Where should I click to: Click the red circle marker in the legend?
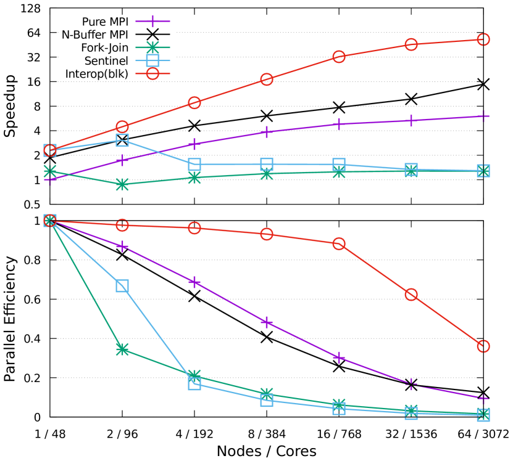[x=152, y=73]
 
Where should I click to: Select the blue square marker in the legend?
[x=152, y=60]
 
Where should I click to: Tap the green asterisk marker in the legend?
[x=152, y=47]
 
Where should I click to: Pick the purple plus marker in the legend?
[x=152, y=22]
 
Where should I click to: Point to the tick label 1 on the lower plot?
[x=37, y=221]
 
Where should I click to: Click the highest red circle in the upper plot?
[x=483, y=39]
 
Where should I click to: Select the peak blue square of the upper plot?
[x=122, y=141]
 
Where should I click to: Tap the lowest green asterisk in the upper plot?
[x=122, y=184]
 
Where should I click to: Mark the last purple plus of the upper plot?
[x=483, y=116]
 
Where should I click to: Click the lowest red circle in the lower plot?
[x=483, y=346]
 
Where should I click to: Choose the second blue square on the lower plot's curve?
[x=122, y=286]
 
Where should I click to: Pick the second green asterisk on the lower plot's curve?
[x=122, y=349]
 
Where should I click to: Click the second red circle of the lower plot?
[x=122, y=225]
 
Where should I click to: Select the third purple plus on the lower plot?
[x=194, y=282]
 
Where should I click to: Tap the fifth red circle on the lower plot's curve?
[x=339, y=244]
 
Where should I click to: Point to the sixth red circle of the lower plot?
[x=411, y=295]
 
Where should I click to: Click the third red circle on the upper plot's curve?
[x=194, y=102]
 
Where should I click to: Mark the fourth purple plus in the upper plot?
[x=267, y=131]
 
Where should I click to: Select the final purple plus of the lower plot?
[x=483, y=399]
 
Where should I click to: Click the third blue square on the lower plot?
[x=194, y=383]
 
